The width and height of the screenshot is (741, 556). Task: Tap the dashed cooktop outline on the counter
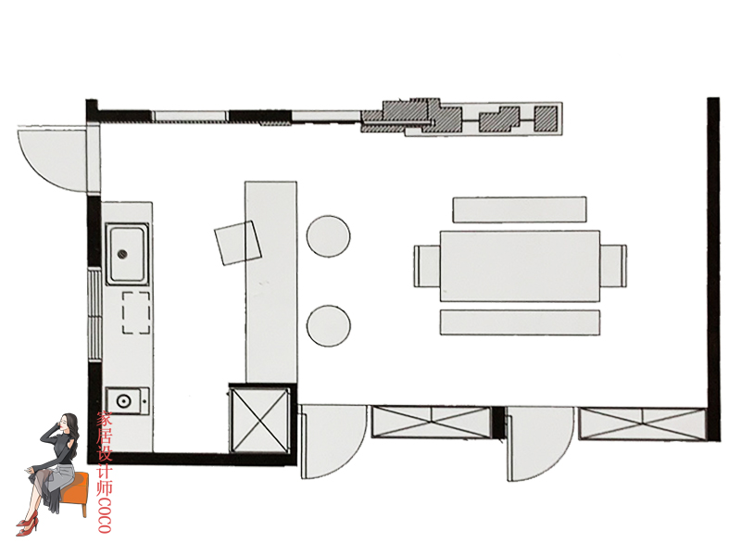(136, 312)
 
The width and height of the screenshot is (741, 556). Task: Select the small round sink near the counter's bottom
(124, 401)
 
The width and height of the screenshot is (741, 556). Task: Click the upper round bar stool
(328, 236)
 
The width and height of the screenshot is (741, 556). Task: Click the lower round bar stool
(328, 325)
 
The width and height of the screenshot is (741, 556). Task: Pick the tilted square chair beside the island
(236, 244)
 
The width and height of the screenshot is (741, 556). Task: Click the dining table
(520, 266)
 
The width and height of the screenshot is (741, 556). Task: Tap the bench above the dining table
(520, 209)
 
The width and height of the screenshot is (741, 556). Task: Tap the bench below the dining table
(520, 322)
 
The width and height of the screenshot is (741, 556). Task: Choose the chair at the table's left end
(427, 266)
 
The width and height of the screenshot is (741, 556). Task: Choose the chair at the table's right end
(613, 266)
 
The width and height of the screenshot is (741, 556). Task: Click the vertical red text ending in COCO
(105, 473)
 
